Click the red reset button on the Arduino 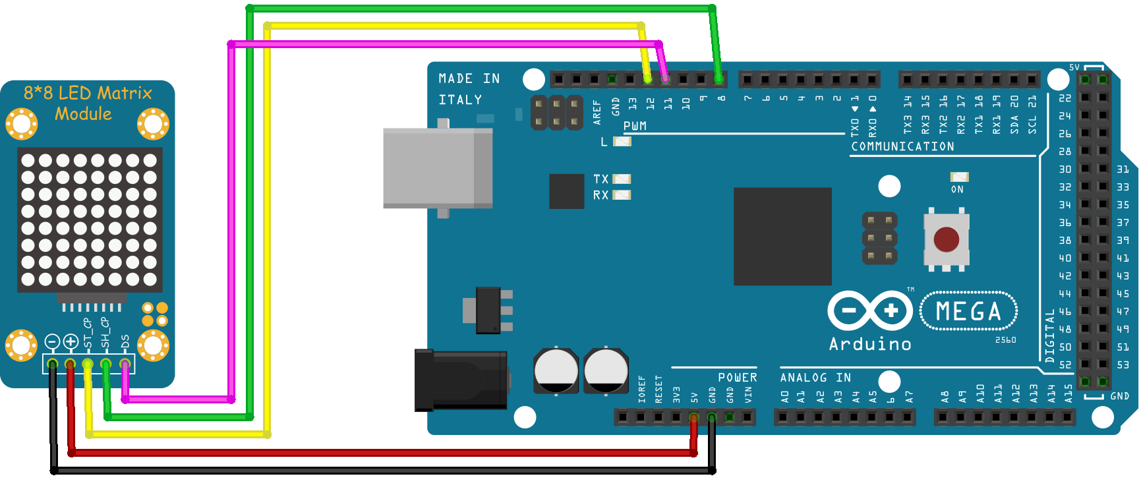tap(946, 240)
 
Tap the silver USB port tap(438, 168)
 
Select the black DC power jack tap(460, 380)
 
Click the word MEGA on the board tap(968, 311)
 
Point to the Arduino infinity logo tap(870, 310)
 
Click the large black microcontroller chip tap(782, 237)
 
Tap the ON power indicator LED tap(959, 177)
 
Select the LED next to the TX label tap(622, 179)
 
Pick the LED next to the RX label tap(622, 194)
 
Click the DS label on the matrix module tap(125, 341)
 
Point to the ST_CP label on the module tap(87, 333)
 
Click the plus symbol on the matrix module tap(71, 341)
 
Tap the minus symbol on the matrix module tap(52, 341)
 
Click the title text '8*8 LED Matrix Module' tap(87, 103)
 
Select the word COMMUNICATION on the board tap(902, 146)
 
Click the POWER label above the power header tap(737, 378)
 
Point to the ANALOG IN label tap(815, 378)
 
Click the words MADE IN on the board tap(469, 78)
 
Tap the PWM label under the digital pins tap(635, 126)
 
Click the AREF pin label tap(597, 112)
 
